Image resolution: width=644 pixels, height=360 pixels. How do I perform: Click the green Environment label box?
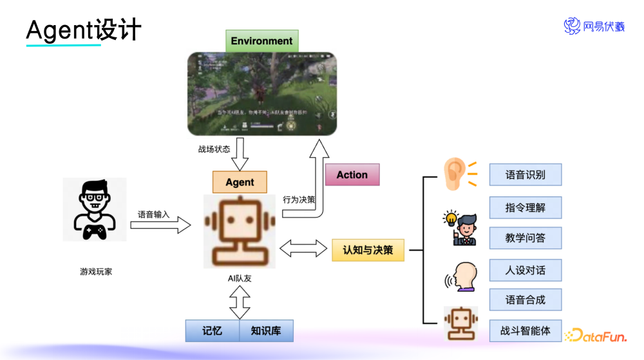(x=261, y=41)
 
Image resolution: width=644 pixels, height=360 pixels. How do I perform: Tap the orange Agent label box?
(x=240, y=182)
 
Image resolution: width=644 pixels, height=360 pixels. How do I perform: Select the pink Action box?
(x=352, y=175)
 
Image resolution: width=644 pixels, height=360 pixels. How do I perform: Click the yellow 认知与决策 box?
(x=368, y=249)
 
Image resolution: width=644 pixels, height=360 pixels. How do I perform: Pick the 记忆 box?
(x=212, y=330)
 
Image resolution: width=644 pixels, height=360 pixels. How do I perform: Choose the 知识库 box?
(x=266, y=330)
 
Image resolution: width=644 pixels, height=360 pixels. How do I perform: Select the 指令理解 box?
(x=525, y=207)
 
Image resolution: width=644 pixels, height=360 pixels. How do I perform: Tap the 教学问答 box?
(x=525, y=238)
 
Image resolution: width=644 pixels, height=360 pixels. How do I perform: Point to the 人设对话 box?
(x=525, y=270)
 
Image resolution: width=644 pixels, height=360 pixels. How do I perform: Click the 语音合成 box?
(x=525, y=299)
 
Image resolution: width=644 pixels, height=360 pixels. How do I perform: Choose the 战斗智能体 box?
(x=525, y=331)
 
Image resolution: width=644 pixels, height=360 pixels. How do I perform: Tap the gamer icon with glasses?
(x=95, y=209)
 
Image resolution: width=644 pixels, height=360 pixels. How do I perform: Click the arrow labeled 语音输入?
(x=164, y=225)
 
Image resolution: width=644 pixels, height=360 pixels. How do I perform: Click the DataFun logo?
(x=596, y=336)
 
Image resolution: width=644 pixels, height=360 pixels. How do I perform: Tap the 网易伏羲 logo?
(x=594, y=26)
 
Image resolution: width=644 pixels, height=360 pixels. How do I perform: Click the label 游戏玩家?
(x=96, y=272)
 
